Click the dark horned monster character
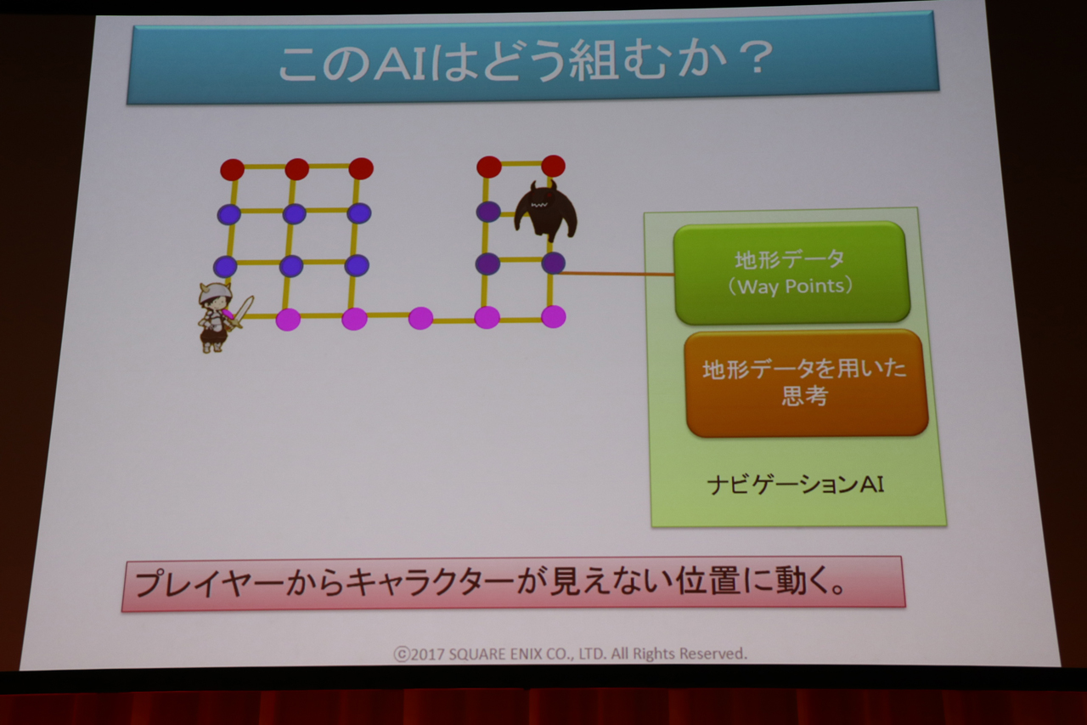pyautogui.click(x=545, y=212)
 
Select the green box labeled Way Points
pyautogui.click(x=791, y=272)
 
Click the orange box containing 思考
pyautogui.click(x=807, y=383)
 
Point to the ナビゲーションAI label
pyautogui.click(x=796, y=484)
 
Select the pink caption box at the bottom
pyautogui.click(x=514, y=584)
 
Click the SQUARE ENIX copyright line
pyautogui.click(x=570, y=654)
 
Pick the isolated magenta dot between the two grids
pyautogui.click(x=420, y=318)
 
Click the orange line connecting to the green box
pyautogui.click(x=616, y=274)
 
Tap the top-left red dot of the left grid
pyautogui.click(x=233, y=169)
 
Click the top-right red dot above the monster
pyautogui.click(x=553, y=166)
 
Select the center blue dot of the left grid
pyautogui.click(x=294, y=213)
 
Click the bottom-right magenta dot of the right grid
pyautogui.click(x=553, y=317)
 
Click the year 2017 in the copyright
pyautogui.click(x=427, y=654)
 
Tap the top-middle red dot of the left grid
pyautogui.click(x=297, y=169)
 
